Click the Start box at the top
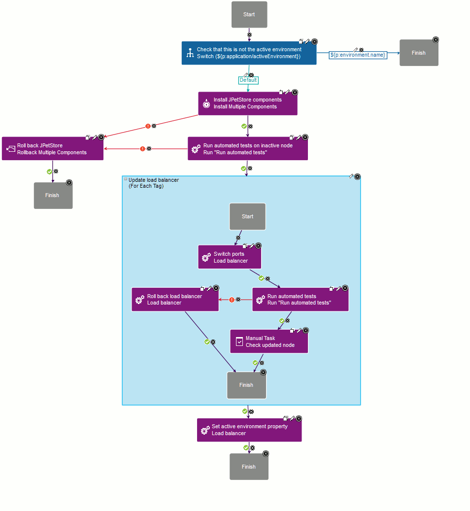(x=249, y=15)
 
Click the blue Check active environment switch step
(x=249, y=53)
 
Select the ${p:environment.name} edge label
(x=358, y=55)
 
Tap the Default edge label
(x=248, y=80)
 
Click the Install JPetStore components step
(x=248, y=103)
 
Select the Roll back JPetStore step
(x=53, y=149)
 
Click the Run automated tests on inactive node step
(x=248, y=149)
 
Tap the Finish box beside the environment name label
(x=418, y=53)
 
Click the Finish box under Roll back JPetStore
(x=53, y=195)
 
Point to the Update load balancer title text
(x=153, y=180)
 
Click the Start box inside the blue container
(x=247, y=216)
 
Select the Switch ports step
(x=230, y=257)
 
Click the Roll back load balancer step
(x=175, y=300)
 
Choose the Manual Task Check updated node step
(x=269, y=341)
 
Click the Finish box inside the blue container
(x=246, y=385)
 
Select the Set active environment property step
(x=249, y=430)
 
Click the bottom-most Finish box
(x=249, y=467)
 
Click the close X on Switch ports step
(x=258, y=245)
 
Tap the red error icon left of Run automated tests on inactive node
(x=143, y=148)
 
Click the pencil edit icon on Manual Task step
(x=299, y=330)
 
